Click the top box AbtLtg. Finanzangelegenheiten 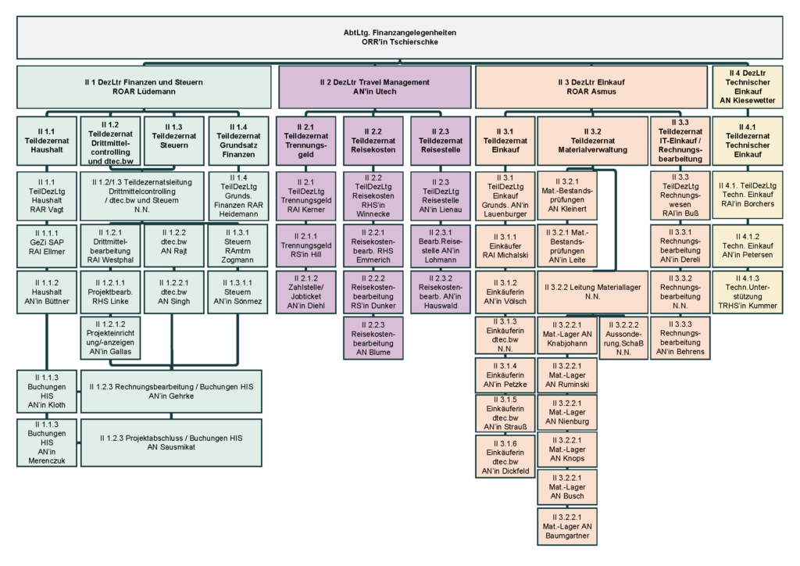point(399,38)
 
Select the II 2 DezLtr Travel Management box point(375,87)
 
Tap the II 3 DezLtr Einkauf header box point(591,87)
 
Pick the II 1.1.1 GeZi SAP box point(47,243)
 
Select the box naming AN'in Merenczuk point(47,443)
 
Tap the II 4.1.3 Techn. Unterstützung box point(747,293)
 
